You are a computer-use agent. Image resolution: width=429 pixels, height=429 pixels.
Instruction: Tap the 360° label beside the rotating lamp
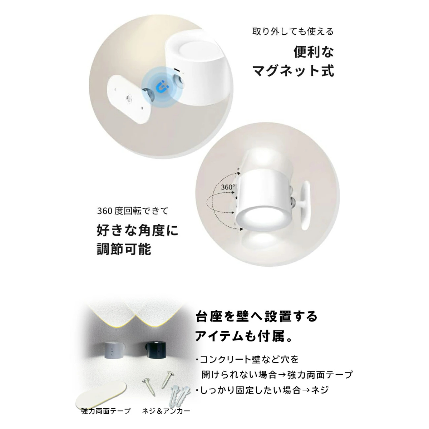[x=228, y=187]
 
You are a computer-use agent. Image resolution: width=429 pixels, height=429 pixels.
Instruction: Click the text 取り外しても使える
[x=293, y=31]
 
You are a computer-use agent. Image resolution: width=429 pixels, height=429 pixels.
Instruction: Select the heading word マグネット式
[x=294, y=70]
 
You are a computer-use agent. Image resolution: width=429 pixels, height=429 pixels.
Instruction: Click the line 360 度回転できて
[x=133, y=211]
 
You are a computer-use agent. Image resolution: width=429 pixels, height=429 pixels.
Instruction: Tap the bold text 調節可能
[x=124, y=249]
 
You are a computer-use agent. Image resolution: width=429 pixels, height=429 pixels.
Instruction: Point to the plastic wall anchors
[x=180, y=394]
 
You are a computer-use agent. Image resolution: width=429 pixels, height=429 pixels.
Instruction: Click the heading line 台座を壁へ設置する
[x=256, y=316]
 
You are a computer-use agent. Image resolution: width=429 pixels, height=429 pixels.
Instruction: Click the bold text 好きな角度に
[x=138, y=230]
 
